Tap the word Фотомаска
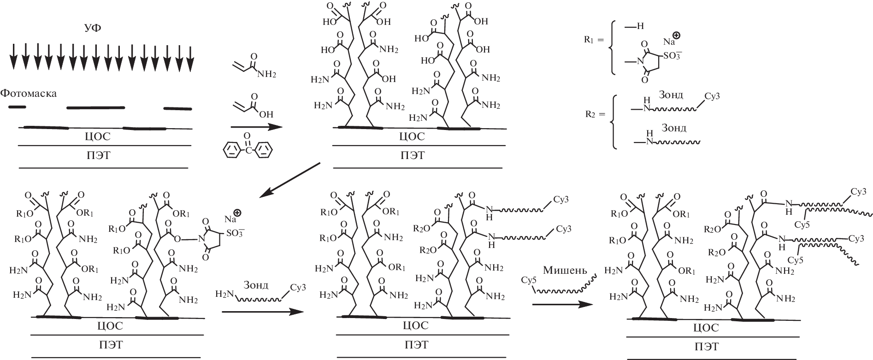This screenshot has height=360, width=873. click(x=29, y=94)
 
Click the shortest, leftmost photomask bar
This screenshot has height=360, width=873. click(x=17, y=107)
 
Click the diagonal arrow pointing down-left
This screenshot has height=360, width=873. click(x=289, y=180)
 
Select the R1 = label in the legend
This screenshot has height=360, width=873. click(x=593, y=41)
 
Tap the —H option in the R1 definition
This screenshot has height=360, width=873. click(x=635, y=27)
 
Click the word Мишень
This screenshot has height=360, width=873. click(x=565, y=270)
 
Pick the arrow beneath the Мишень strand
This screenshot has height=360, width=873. click(x=562, y=304)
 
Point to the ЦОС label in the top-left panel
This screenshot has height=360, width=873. click(x=97, y=136)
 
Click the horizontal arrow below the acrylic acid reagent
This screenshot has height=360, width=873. click(x=256, y=127)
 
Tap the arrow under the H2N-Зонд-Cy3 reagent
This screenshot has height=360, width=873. click(x=263, y=312)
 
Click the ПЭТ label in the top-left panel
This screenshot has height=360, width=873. click(x=98, y=155)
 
